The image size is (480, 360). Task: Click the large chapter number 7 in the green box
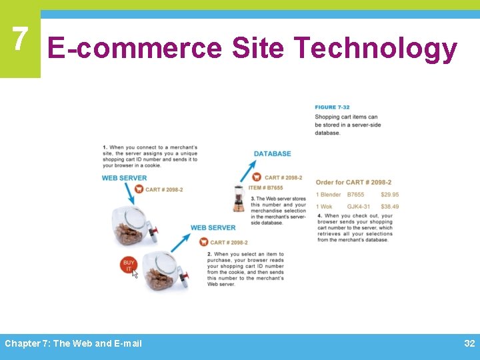pyautogui.click(x=20, y=40)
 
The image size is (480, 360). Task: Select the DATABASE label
pyautogui.click(x=272, y=154)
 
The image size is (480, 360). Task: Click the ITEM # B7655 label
pyautogui.click(x=265, y=188)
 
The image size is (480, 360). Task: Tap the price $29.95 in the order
pyautogui.click(x=390, y=195)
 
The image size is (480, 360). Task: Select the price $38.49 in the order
pyautogui.click(x=390, y=207)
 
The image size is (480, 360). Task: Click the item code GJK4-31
pyautogui.click(x=359, y=207)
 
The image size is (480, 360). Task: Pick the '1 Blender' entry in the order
pyautogui.click(x=328, y=195)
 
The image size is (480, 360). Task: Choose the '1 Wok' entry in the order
pyautogui.click(x=323, y=207)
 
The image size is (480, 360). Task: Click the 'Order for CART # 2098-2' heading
pyautogui.click(x=353, y=182)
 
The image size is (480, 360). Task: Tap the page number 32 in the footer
pyautogui.click(x=469, y=343)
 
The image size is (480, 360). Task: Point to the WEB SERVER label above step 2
pyautogui.click(x=213, y=228)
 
